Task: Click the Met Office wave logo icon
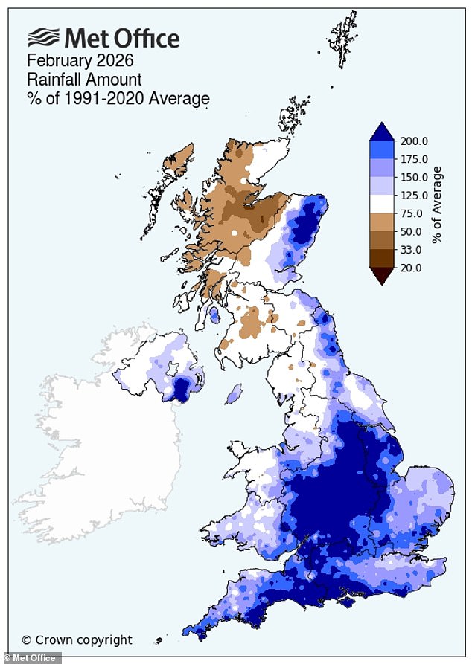tap(43, 38)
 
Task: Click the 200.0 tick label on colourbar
tap(415, 141)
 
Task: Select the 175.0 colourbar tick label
tap(415, 159)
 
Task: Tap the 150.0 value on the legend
tap(415, 178)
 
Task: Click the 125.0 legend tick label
tap(415, 196)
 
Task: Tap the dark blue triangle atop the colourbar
tap(382, 132)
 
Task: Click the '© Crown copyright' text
tap(77, 639)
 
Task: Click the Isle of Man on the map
tap(234, 393)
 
